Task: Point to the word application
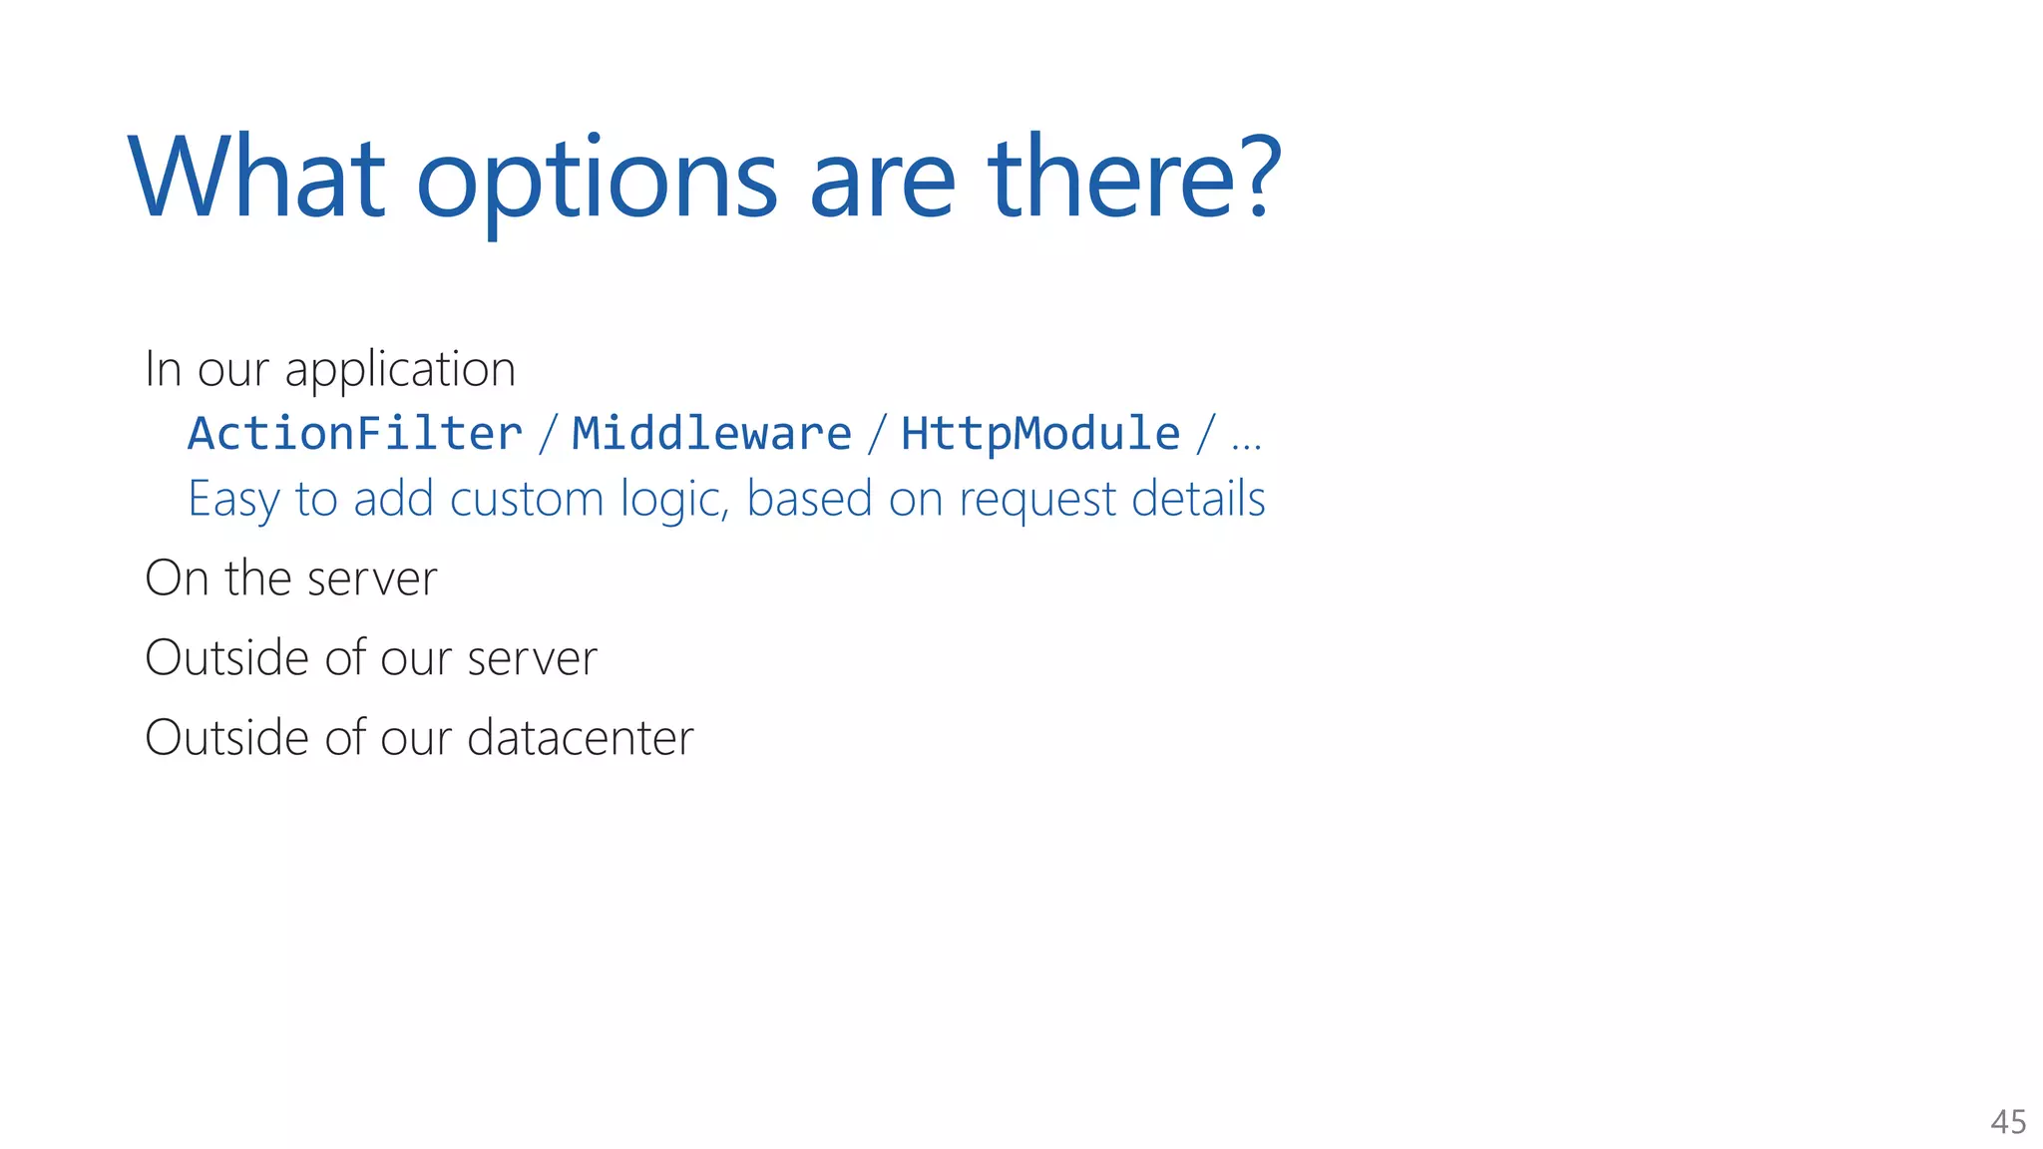click(x=400, y=370)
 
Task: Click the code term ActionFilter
click(x=355, y=434)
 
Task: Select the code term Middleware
click(x=711, y=434)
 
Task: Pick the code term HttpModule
click(x=1040, y=434)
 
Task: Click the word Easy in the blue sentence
click(x=232, y=499)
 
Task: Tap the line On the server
click(x=291, y=578)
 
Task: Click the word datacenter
click(x=580, y=738)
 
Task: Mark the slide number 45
click(x=2008, y=1122)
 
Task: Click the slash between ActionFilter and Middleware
click(x=548, y=435)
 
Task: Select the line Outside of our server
click(x=371, y=658)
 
